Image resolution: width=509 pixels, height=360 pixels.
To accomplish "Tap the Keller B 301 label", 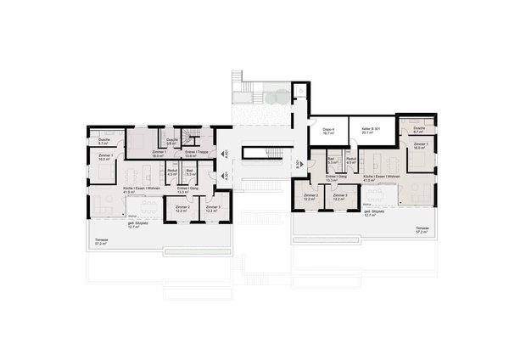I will click(x=366, y=128).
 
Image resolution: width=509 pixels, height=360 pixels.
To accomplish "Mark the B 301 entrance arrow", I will click(x=296, y=164).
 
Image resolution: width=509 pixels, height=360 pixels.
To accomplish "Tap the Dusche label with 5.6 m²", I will click(x=171, y=140).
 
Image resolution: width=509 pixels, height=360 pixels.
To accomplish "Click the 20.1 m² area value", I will click(x=366, y=133).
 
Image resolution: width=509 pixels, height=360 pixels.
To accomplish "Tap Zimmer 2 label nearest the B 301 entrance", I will click(x=310, y=196).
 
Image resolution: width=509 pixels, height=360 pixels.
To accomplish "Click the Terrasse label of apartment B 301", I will click(x=422, y=229).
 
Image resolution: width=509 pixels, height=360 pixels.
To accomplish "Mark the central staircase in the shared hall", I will click(x=260, y=154).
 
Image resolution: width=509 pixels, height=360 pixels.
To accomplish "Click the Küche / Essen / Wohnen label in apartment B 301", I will click(x=375, y=177).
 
